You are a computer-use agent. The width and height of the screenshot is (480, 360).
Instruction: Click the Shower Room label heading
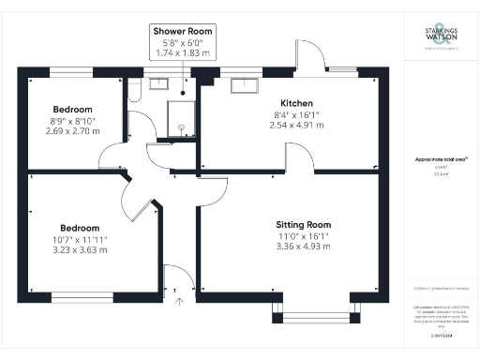[x=183, y=32]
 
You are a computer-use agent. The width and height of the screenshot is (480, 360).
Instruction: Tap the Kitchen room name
[x=296, y=103]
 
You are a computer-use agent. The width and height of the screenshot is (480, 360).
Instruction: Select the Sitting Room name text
[x=304, y=225]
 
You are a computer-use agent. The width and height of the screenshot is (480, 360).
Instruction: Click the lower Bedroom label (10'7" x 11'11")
[x=80, y=228]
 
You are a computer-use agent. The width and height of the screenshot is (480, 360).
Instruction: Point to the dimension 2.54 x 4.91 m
[x=296, y=125]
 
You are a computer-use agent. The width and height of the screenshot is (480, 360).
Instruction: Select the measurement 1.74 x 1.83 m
[x=183, y=54]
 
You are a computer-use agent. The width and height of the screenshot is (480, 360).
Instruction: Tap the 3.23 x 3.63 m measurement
[x=80, y=251]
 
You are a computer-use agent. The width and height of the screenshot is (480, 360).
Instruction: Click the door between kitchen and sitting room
[x=301, y=160]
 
